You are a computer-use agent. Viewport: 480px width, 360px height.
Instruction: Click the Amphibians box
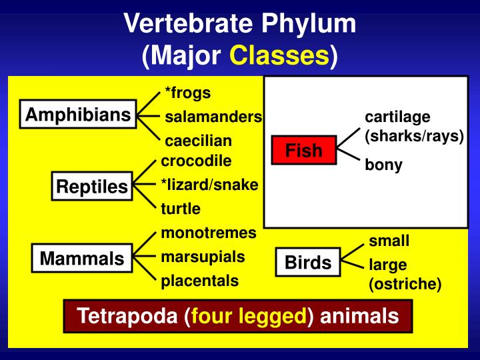[78, 115]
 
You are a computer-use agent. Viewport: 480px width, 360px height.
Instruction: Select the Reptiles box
[92, 187]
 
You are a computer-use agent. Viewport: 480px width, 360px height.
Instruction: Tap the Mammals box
[82, 258]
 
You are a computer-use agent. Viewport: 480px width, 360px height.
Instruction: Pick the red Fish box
[304, 151]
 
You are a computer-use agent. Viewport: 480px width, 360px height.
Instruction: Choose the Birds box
[308, 263]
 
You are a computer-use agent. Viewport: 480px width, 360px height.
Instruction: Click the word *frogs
[187, 93]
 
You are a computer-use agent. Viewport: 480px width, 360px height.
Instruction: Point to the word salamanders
[213, 117]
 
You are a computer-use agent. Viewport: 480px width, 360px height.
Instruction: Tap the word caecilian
[198, 141]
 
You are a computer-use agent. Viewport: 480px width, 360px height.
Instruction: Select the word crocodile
[196, 161]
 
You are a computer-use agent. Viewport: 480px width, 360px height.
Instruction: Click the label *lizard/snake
[209, 185]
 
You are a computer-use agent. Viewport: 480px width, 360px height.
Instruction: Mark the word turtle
[181, 209]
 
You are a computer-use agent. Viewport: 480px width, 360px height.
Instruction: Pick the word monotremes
[209, 233]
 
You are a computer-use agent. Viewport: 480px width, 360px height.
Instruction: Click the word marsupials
[203, 257]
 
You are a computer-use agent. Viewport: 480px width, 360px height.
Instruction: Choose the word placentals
[199, 281]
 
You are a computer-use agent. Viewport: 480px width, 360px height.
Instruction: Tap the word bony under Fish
[383, 165]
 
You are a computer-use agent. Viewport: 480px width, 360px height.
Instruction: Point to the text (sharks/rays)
[413, 135]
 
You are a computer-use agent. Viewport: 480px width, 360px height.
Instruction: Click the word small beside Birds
[389, 241]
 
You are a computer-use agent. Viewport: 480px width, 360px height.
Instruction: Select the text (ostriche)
[405, 284]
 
